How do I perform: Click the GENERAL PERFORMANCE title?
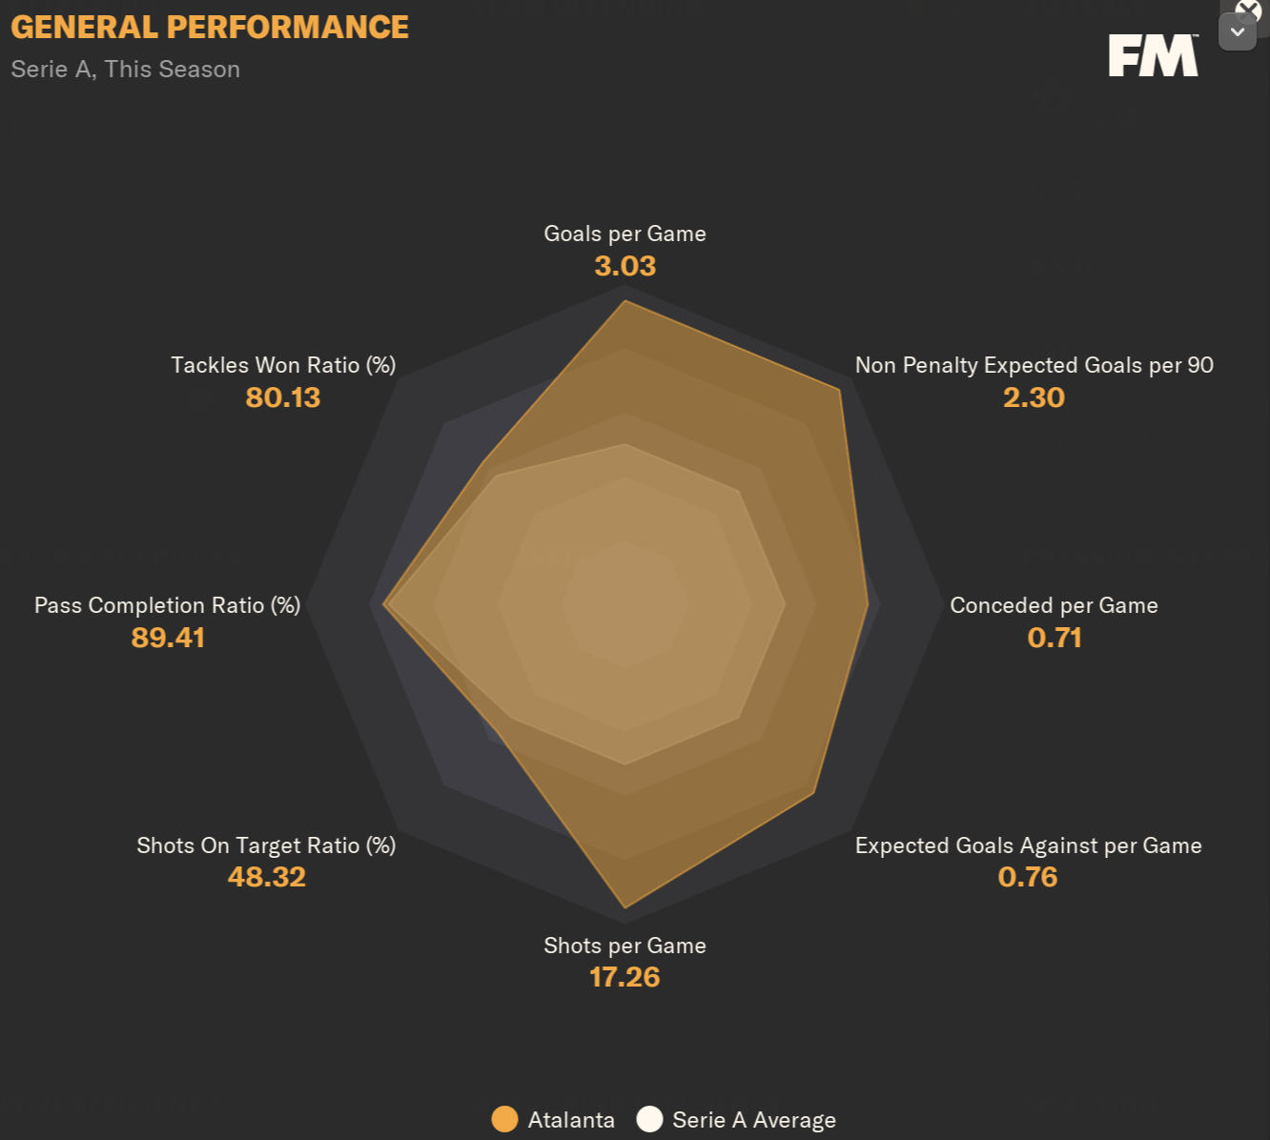(x=210, y=28)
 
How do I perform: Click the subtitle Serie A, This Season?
(x=126, y=70)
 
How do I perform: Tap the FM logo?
(x=1153, y=56)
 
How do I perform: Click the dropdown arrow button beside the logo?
(x=1237, y=32)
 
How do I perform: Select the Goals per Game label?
(x=625, y=234)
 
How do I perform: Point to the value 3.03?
(x=625, y=266)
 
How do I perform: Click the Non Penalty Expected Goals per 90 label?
(x=1034, y=366)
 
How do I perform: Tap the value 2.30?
(x=1034, y=397)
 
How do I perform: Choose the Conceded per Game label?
(x=1054, y=606)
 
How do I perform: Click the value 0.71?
(x=1054, y=638)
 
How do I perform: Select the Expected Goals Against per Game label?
(x=1028, y=846)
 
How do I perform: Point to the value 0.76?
(x=1028, y=877)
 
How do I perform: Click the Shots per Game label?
(x=625, y=947)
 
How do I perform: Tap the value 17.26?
(x=625, y=977)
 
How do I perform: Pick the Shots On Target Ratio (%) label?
(x=266, y=846)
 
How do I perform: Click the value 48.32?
(x=266, y=877)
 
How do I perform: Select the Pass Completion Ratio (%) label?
(x=167, y=606)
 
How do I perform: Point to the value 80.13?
(x=282, y=397)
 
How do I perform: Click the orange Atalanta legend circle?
(x=504, y=1119)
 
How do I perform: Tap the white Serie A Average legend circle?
(x=649, y=1119)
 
